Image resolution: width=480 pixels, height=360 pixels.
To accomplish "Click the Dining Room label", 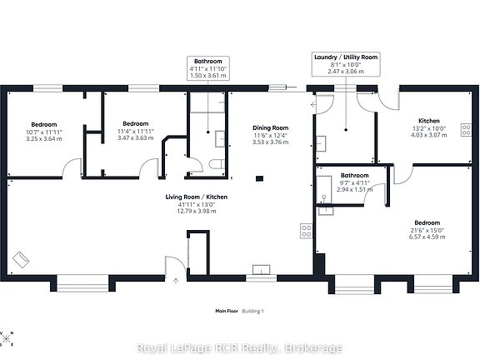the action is (270, 128).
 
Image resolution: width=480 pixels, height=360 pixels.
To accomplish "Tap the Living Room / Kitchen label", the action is (197, 197).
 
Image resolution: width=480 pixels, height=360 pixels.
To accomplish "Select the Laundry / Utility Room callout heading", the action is (346, 57).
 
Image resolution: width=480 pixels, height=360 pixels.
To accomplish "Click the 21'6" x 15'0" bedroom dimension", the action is (427, 230).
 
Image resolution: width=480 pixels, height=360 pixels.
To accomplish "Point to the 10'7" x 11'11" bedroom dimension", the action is (44, 132).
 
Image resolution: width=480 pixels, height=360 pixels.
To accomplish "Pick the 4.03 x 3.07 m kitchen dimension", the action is (429, 135).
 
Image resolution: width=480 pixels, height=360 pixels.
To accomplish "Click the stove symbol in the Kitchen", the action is (466, 129).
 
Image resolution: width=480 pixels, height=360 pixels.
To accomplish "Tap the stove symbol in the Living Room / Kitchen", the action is (306, 231).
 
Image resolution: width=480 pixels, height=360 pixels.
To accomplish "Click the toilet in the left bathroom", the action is (217, 164).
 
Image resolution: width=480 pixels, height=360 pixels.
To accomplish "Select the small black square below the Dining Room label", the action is (259, 178).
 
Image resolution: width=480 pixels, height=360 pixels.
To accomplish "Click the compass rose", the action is (6, 338).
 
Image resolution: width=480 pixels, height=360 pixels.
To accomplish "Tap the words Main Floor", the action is (227, 311).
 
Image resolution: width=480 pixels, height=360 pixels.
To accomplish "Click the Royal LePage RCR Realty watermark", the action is (240, 348).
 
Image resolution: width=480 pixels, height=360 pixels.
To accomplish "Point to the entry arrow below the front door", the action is (176, 280).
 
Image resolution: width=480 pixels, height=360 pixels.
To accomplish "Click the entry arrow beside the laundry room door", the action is (313, 105).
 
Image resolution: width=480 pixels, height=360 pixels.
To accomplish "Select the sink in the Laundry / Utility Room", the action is (321, 143).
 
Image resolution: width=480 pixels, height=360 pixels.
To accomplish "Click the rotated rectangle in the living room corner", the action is (21, 260).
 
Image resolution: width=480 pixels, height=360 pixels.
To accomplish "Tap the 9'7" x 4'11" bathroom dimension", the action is (354, 183).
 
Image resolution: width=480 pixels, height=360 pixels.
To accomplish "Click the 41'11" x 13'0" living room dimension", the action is (197, 204).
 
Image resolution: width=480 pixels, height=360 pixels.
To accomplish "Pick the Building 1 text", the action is (252, 311).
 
